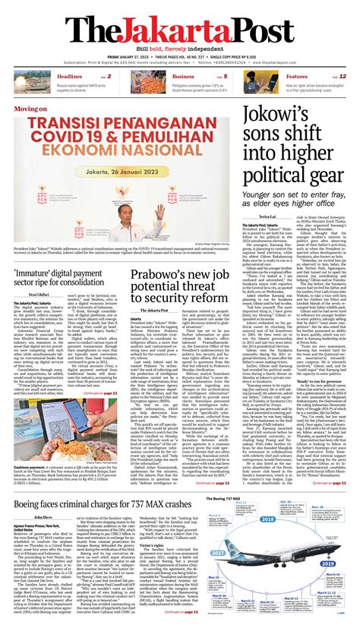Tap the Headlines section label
tap(70, 77)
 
